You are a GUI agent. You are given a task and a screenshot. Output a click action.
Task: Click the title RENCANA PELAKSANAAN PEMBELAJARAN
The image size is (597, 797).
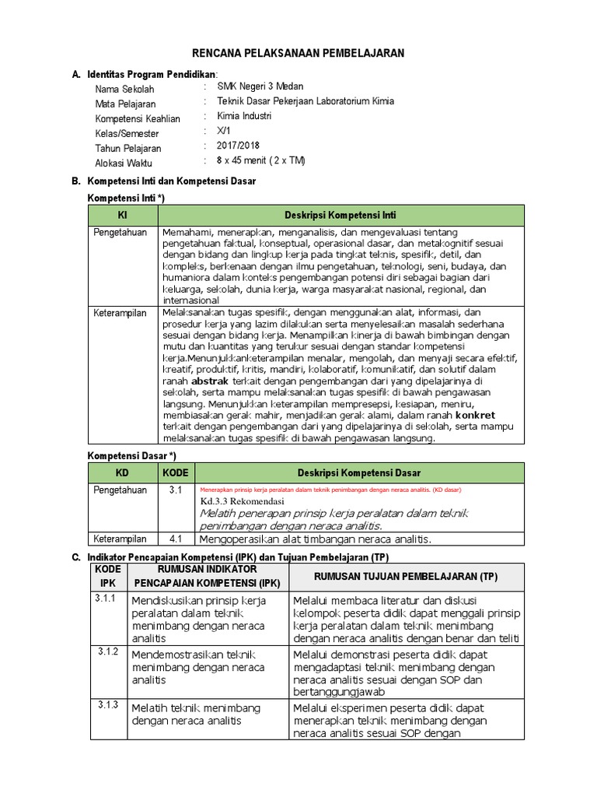[x=298, y=52]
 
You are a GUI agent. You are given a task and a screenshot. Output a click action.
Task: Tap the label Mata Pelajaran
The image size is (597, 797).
[x=125, y=104]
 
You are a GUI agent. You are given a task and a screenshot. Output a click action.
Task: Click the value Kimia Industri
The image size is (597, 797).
[x=244, y=116]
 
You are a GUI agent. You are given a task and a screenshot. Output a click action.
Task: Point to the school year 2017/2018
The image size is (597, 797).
[x=238, y=146]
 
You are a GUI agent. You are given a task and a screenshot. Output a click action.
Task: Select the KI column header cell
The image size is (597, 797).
[x=122, y=214]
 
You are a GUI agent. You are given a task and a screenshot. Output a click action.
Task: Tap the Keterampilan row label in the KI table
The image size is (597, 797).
[x=120, y=312]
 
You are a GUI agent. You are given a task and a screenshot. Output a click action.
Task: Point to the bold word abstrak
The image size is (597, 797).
[x=210, y=382]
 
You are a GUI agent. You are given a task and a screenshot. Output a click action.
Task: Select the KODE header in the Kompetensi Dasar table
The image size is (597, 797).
[x=175, y=472]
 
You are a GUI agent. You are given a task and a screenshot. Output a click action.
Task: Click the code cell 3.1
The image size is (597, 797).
[x=175, y=490]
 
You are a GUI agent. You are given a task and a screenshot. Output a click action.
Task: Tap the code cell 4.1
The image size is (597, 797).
[x=175, y=539]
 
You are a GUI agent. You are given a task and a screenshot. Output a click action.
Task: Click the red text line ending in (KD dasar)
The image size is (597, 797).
[x=330, y=490]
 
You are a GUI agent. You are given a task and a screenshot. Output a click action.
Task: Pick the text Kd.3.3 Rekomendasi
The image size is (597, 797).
[x=242, y=502]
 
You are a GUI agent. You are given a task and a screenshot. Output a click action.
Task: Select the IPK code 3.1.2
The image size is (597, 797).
[x=106, y=651]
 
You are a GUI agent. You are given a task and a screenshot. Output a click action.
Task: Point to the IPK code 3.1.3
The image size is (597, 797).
[x=106, y=704]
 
